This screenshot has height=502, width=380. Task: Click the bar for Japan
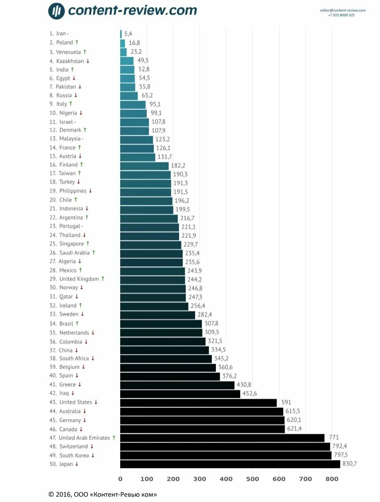(230, 464)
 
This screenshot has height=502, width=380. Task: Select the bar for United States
(198, 403)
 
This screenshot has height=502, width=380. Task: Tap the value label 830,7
(349, 464)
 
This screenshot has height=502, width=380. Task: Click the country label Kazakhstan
(70, 61)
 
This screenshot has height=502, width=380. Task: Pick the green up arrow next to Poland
(77, 42)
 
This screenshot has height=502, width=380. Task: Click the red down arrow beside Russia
(76, 95)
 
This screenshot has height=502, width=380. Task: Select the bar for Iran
(121, 34)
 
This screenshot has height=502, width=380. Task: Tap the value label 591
(286, 402)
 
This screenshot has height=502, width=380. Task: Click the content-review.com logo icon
(56, 11)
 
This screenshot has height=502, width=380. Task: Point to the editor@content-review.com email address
(343, 10)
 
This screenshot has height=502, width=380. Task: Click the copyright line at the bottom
(102, 494)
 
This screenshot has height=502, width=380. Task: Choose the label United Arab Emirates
(84, 438)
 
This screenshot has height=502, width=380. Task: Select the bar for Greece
(177, 385)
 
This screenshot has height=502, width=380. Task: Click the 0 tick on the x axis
(120, 479)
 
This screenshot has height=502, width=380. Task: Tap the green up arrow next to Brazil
(77, 324)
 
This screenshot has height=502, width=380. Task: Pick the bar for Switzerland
(225, 447)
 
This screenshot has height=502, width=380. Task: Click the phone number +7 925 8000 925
(341, 15)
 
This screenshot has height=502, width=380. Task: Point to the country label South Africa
(74, 358)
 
